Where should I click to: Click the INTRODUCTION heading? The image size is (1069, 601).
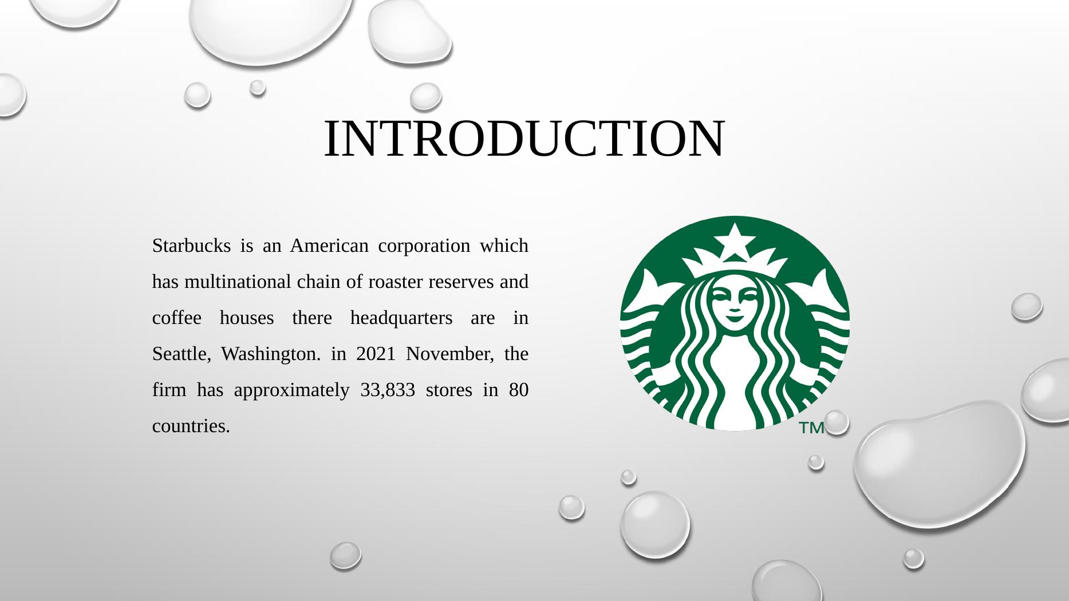point(524,139)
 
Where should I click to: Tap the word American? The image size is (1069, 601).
point(329,246)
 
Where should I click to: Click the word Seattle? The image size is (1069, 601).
point(176,354)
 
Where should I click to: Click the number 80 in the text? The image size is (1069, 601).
point(518,390)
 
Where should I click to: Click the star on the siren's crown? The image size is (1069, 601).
point(734,239)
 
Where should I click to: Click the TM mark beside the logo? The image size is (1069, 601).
point(811,428)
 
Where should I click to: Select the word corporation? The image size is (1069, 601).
point(424,246)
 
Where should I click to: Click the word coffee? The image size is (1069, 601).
point(176,318)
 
